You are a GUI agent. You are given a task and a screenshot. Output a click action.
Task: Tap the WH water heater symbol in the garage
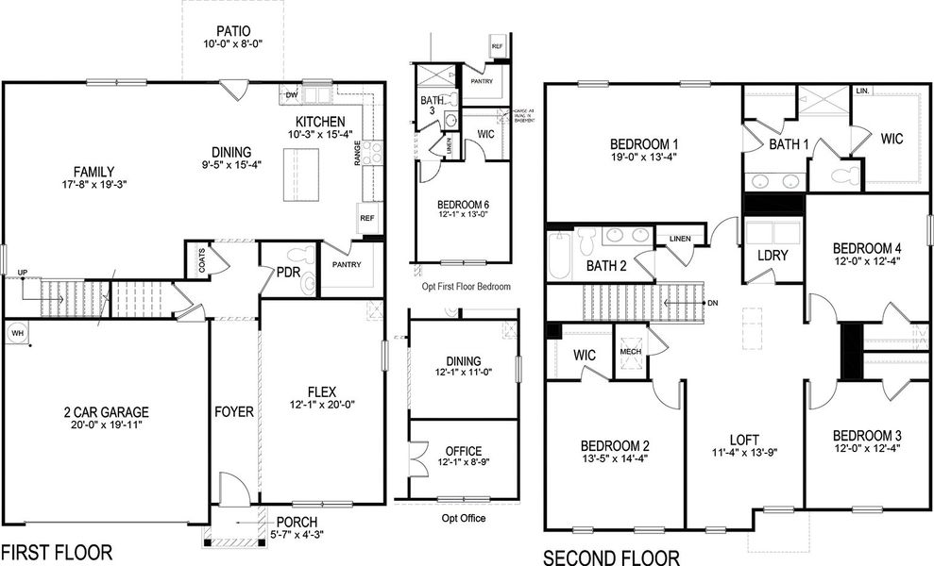pos(17,333)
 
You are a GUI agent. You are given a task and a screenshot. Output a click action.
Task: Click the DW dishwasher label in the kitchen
pos(292,95)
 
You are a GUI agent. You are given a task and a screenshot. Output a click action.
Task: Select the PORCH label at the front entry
pos(297,522)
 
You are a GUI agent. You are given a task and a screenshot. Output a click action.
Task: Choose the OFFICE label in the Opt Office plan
pos(463,451)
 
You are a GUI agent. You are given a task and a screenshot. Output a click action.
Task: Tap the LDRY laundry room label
pos(773,256)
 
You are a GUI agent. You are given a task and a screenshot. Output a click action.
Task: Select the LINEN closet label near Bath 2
pos(679,239)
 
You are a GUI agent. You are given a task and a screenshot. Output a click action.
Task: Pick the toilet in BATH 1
pos(849,174)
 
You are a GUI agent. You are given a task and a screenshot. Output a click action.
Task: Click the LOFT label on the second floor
pos(744,440)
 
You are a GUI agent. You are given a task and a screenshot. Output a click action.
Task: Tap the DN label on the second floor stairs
pos(713,303)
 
